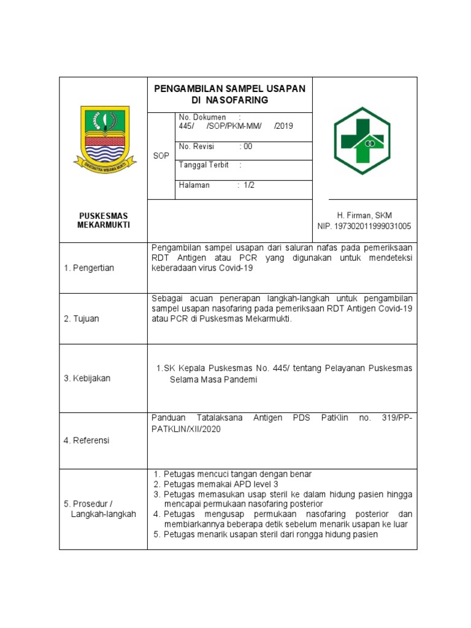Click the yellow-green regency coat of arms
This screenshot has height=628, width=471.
(102, 137)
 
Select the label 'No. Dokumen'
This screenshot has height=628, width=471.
(202, 117)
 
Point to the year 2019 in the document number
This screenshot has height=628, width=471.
(285, 126)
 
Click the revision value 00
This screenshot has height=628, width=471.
(248, 147)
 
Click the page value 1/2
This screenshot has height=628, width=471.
(248, 185)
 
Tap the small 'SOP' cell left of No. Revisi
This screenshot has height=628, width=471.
(161, 156)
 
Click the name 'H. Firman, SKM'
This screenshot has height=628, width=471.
(364, 215)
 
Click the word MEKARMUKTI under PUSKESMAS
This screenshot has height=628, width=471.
(104, 225)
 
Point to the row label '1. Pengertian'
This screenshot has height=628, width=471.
(89, 268)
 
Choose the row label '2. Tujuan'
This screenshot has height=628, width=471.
(82, 319)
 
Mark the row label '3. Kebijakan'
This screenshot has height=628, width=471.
(87, 378)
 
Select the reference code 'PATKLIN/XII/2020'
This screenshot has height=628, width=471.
(186, 429)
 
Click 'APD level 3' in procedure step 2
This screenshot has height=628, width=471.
(231, 484)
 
